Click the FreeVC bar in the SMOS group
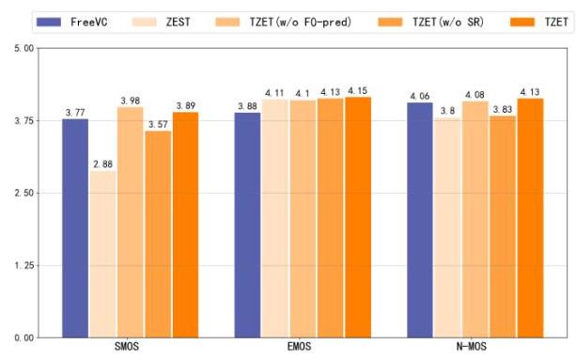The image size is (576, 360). click(75, 228)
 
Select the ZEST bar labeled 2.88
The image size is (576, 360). click(102, 254)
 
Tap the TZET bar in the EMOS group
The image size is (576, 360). click(358, 217)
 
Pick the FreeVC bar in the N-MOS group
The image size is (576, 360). click(420, 220)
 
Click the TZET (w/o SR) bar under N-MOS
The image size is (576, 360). click(503, 227)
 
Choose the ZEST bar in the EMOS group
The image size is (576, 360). click(275, 219)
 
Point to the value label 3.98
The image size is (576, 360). click(131, 101)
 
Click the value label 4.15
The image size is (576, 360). click(358, 91)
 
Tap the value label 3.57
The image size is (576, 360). click(158, 124)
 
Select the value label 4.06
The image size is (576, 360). click(420, 96)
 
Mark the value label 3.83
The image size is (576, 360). click(503, 109)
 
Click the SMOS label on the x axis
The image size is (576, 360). click(127, 347)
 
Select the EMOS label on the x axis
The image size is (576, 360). click(299, 347)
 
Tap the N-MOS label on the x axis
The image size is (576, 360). click(472, 347)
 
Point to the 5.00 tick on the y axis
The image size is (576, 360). click(23, 49)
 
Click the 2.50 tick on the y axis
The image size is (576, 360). click(23, 193)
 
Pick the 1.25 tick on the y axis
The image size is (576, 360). click(23, 265)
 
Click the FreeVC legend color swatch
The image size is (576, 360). click(49, 22)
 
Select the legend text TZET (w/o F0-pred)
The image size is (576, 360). click(301, 23)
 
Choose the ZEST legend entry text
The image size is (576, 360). click(179, 22)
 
